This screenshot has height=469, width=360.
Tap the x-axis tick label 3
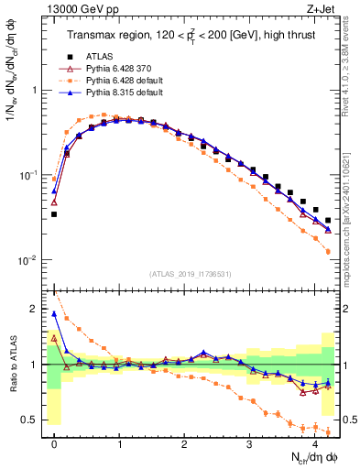[249, 444]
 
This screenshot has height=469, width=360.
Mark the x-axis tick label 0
[54, 444]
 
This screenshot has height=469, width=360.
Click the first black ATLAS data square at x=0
[54, 214]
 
